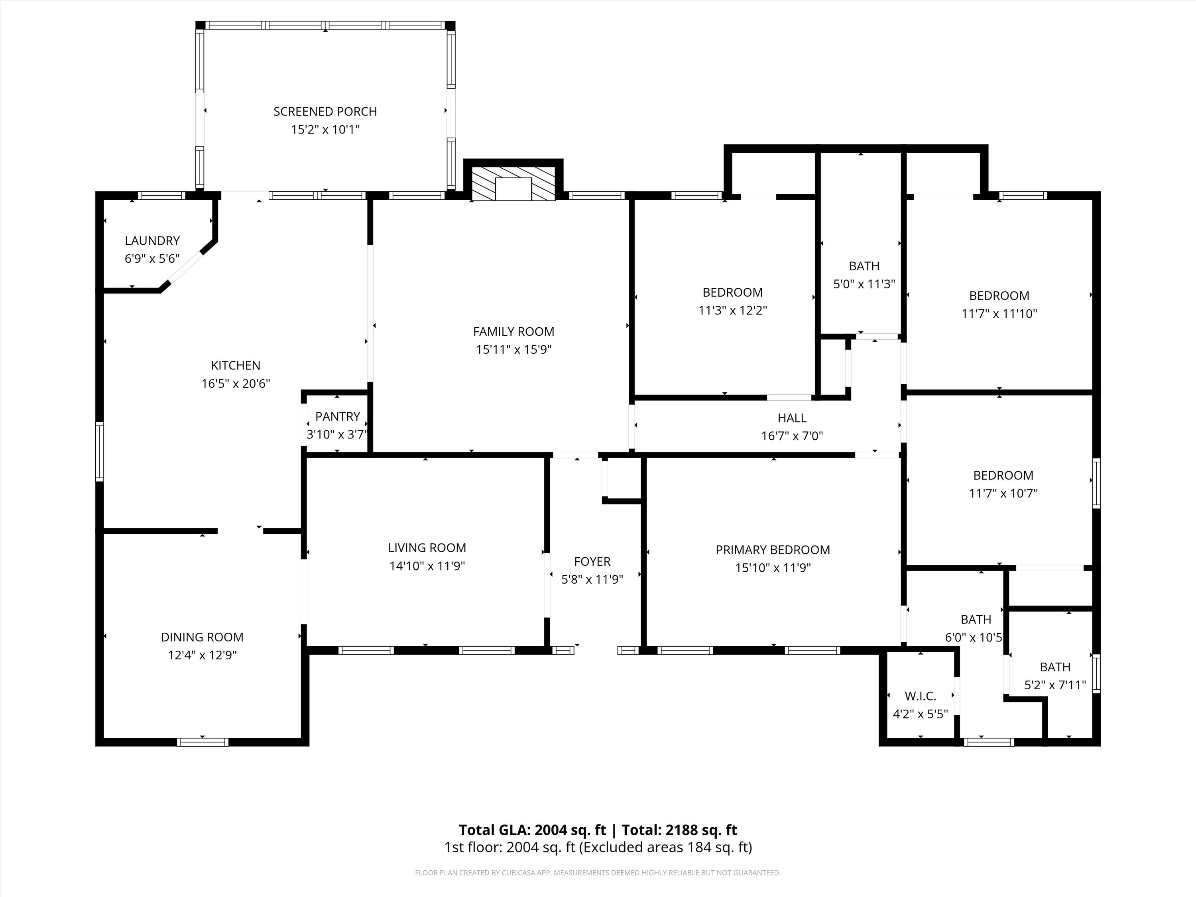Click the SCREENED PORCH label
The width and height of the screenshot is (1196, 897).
pyautogui.click(x=325, y=111)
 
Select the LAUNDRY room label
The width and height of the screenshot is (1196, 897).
pyautogui.click(x=152, y=241)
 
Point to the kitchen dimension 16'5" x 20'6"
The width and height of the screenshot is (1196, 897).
pyautogui.click(x=236, y=384)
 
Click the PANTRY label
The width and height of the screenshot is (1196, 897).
pyautogui.click(x=337, y=416)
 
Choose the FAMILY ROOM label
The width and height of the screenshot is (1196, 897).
pyautogui.click(x=513, y=331)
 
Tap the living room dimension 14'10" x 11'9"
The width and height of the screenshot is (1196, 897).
pyautogui.click(x=427, y=566)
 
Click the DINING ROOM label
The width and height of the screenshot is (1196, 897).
pyautogui.click(x=202, y=637)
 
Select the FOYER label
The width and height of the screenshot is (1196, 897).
pyautogui.click(x=592, y=561)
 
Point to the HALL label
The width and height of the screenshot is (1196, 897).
pyautogui.click(x=792, y=418)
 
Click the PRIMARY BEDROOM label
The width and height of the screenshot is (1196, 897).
pyautogui.click(x=773, y=550)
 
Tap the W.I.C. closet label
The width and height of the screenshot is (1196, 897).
pyautogui.click(x=920, y=696)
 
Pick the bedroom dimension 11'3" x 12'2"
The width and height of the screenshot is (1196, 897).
pyautogui.click(x=733, y=310)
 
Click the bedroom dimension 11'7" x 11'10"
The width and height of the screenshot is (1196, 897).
pyautogui.click(x=999, y=314)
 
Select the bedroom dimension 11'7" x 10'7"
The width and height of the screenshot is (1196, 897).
pyautogui.click(x=1003, y=493)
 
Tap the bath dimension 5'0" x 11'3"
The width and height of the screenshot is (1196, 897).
pyautogui.click(x=864, y=284)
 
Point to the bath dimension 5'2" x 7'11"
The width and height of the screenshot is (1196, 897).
pyautogui.click(x=1055, y=685)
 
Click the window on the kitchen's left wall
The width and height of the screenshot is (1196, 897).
pyautogui.click(x=100, y=451)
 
